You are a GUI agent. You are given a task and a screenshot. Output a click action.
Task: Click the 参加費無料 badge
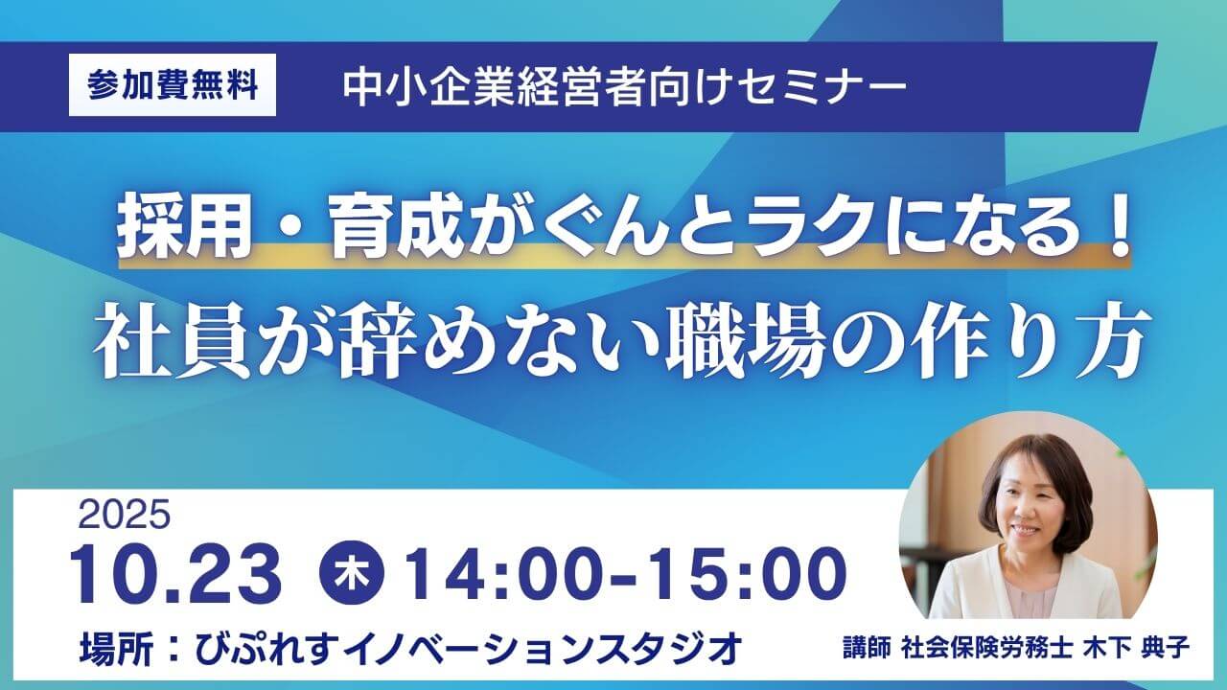pos(173,85)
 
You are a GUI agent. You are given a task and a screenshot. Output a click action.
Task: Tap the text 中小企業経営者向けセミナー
pos(624,87)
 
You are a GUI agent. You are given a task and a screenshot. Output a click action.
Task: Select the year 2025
pos(125,515)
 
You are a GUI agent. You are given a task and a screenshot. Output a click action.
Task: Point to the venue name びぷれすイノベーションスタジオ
pos(469,648)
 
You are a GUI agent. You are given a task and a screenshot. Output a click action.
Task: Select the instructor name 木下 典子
pos(1136,649)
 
